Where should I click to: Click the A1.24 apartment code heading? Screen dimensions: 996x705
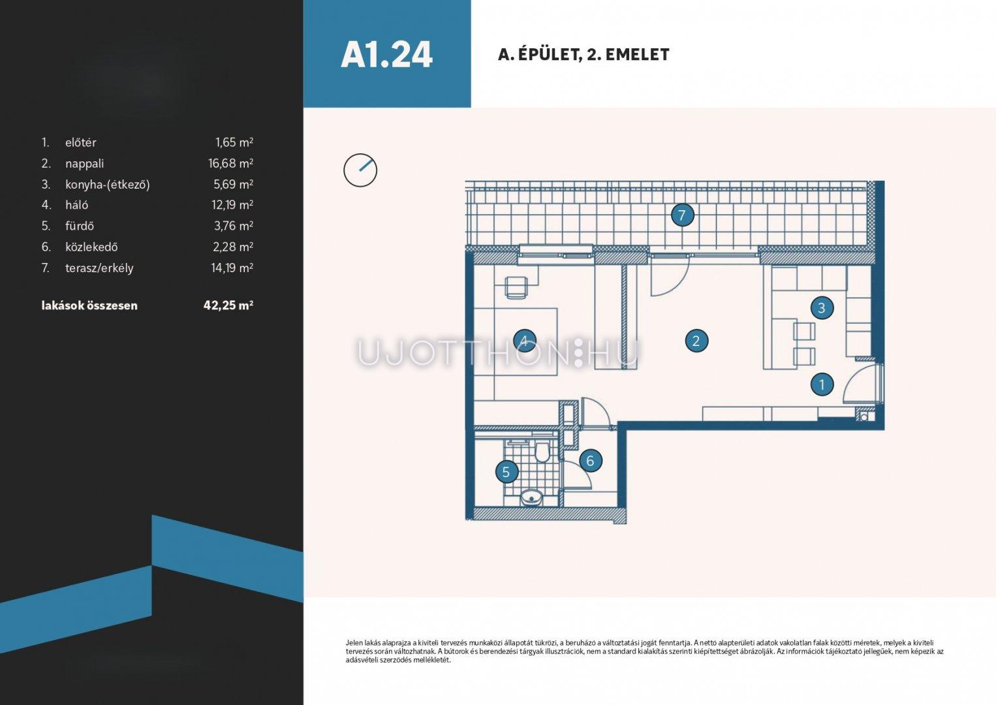tap(386, 55)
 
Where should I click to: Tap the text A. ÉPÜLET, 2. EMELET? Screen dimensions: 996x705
tap(584, 55)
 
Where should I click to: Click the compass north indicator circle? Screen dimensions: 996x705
tap(360, 170)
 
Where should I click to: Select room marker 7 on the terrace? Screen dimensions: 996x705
tap(682, 215)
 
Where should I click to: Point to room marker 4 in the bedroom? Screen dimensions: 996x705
tap(524, 341)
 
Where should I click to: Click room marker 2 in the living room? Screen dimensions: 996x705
tap(696, 341)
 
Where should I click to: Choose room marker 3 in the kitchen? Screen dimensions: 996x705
tap(821, 307)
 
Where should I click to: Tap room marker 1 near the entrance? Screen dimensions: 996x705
tap(822, 384)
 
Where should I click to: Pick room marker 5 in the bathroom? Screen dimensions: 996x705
tap(506, 472)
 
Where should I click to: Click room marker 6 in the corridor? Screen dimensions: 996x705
tap(590, 461)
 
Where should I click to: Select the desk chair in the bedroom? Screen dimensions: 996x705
tap(516, 287)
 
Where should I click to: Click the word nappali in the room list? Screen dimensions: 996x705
tap(84, 164)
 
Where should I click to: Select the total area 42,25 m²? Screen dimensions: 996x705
tap(228, 305)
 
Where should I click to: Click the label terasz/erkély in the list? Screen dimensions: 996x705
tap(99, 268)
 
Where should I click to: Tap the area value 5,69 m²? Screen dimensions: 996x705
tap(234, 183)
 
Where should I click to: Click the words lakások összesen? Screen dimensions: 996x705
tap(89, 305)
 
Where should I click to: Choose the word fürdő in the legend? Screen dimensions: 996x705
tap(80, 225)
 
